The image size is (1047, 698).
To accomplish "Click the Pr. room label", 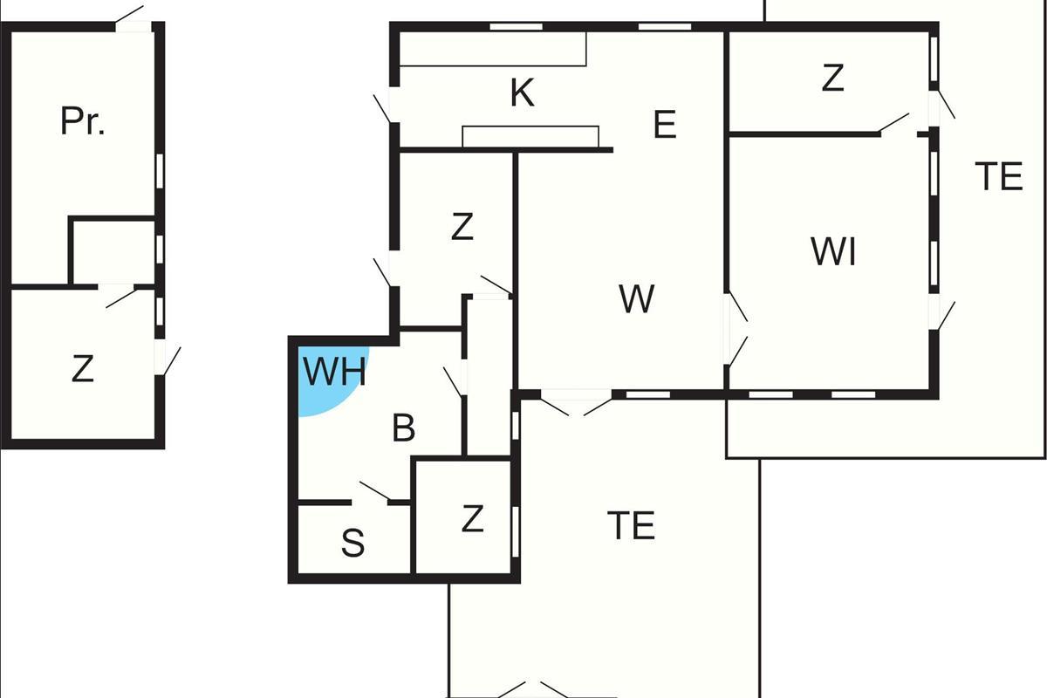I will (83, 121).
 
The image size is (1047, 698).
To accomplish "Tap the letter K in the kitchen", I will (522, 93).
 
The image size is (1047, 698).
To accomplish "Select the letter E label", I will (665, 126).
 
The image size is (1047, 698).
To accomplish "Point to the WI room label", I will (833, 252).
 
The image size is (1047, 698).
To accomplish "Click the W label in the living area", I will (637, 299).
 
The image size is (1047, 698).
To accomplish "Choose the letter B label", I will (403, 428).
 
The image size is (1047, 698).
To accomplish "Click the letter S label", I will (352, 544).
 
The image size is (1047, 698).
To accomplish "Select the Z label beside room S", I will (472, 519).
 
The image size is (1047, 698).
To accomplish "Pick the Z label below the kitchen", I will (462, 228).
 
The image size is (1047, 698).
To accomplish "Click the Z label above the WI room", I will (832, 79).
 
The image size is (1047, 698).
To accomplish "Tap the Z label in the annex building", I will (82, 370).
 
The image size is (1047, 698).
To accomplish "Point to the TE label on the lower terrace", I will (631, 526).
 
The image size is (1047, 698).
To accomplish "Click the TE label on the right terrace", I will (998, 177).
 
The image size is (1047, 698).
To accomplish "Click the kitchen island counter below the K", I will (530, 137).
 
